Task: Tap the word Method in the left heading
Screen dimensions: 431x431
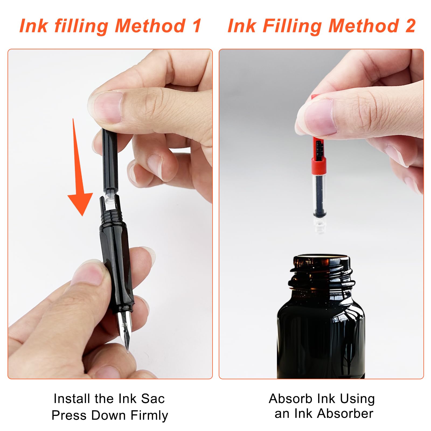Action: [150, 26]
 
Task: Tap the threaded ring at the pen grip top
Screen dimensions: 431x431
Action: [111, 215]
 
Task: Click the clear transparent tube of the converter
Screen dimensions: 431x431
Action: [320, 194]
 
